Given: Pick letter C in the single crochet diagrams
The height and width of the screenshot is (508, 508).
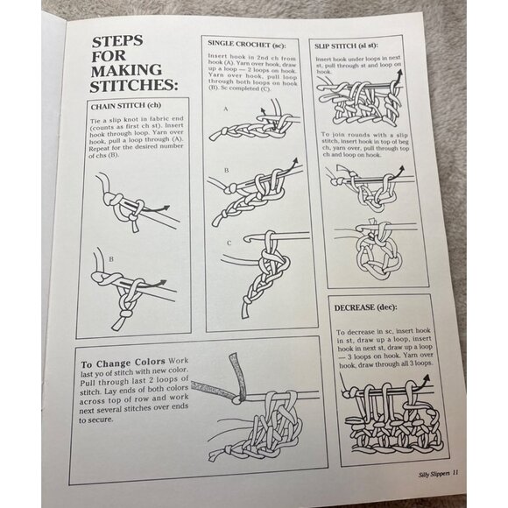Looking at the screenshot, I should [228, 243].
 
